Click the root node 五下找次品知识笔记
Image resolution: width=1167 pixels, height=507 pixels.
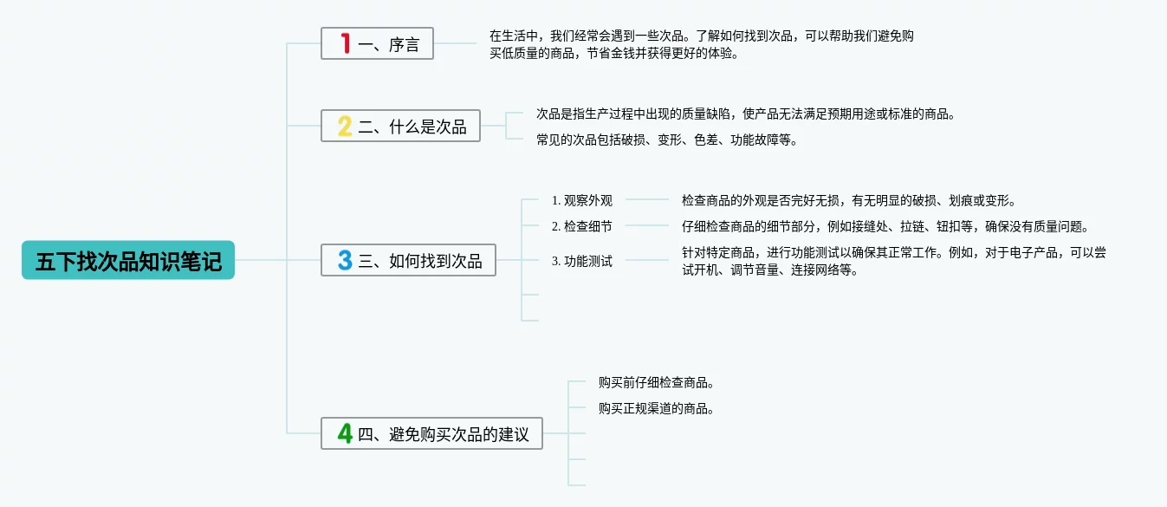pos(128,260)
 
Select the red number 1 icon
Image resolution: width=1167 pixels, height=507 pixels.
pos(345,43)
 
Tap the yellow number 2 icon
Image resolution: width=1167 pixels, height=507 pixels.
pos(345,127)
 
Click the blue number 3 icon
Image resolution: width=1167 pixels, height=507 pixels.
pos(345,260)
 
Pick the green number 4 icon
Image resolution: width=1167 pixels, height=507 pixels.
pos(345,433)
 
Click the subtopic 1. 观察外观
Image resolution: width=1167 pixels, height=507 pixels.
pos(582,200)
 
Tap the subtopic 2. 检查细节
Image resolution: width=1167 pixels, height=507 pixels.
pos(582,226)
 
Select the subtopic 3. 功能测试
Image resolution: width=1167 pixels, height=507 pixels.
pos(582,261)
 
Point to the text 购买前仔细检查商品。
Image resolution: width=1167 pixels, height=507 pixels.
pos(656,382)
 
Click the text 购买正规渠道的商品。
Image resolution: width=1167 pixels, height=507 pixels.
pos(656,408)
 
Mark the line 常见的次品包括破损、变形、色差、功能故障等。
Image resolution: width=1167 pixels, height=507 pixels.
pos(666,140)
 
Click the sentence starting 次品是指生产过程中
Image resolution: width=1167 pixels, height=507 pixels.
pos(745,114)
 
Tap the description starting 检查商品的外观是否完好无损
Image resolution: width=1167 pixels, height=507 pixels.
pos(848,200)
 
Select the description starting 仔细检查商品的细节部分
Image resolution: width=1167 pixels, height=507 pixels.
pos(885,226)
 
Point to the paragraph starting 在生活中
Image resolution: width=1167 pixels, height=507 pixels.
pos(702,44)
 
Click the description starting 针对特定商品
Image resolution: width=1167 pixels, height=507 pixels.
pos(893,261)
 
